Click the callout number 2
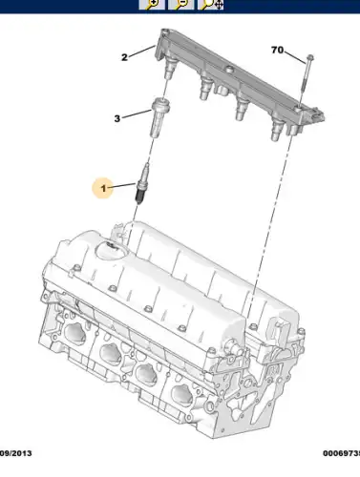click(x=124, y=57)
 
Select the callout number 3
click(x=117, y=118)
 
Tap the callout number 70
click(x=277, y=50)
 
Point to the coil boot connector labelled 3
click(x=159, y=120)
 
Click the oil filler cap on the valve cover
click(x=112, y=249)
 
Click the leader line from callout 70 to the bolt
click(x=294, y=55)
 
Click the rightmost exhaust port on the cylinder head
click(x=179, y=400)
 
